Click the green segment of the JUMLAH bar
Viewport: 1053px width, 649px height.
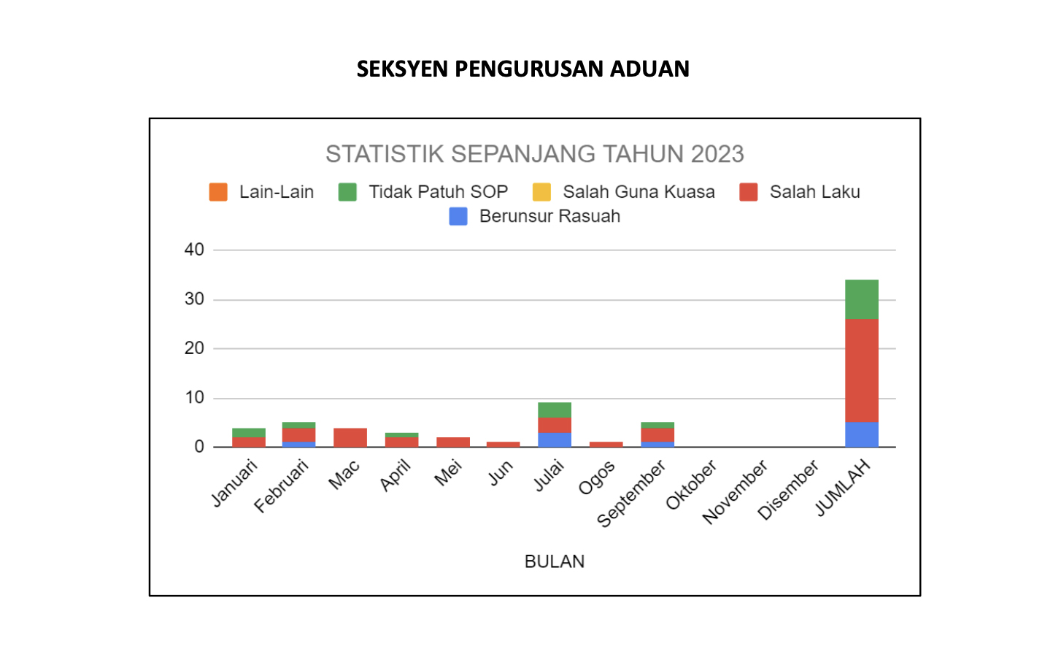click(861, 299)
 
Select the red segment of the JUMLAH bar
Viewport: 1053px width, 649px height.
click(861, 370)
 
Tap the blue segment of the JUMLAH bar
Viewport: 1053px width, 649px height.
click(861, 434)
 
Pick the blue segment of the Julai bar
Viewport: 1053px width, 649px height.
click(555, 439)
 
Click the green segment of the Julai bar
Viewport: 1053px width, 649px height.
click(555, 410)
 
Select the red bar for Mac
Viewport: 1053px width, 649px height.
click(350, 437)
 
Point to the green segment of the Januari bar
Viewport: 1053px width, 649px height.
click(249, 433)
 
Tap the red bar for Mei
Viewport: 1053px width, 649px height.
click(452, 442)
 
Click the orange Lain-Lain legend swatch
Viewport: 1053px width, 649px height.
click(218, 192)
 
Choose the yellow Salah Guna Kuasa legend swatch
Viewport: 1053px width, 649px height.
click(541, 192)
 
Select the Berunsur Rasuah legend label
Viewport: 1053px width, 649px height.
click(549, 216)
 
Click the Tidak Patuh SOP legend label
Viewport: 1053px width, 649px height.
click(438, 192)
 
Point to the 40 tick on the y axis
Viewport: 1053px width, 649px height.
click(194, 250)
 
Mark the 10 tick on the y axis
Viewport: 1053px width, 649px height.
click(194, 398)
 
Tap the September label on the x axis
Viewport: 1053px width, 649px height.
click(632, 493)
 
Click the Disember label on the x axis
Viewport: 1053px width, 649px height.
click(788, 489)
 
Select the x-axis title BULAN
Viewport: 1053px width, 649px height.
click(555, 561)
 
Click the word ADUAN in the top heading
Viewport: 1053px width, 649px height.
click(649, 69)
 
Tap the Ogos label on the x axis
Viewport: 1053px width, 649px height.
click(597, 478)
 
